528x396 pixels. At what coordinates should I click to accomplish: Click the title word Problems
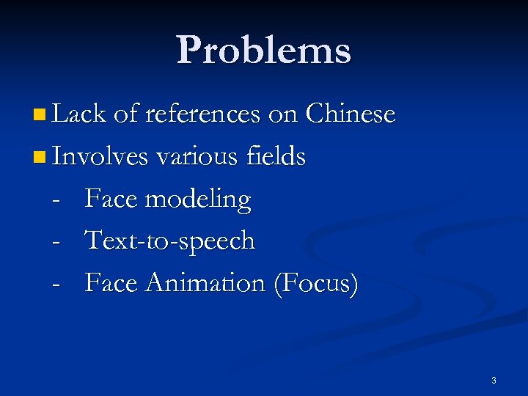264,50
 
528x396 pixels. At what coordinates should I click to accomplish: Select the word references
202,114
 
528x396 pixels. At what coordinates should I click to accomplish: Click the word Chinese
351,114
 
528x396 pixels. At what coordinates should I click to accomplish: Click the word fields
276,156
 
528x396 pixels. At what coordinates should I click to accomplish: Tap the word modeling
197,199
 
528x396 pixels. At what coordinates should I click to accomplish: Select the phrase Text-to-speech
170,241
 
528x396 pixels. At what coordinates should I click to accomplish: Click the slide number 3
494,380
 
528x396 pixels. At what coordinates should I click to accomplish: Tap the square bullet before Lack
39,115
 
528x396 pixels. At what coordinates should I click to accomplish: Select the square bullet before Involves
39,157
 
